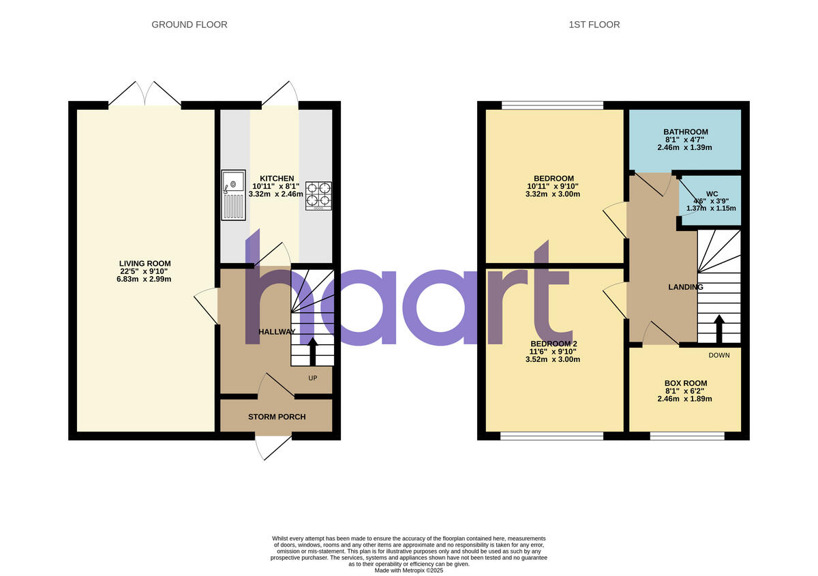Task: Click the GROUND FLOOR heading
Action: click(x=189, y=25)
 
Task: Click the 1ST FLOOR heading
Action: click(x=594, y=25)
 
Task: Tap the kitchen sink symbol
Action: click(x=232, y=194)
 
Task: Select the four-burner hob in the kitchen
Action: click(x=318, y=195)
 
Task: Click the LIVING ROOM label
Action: click(x=145, y=263)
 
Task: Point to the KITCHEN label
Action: click(x=277, y=179)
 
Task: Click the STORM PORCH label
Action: click(x=277, y=416)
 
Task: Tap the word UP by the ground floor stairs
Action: click(x=312, y=377)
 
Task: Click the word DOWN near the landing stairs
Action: click(x=718, y=355)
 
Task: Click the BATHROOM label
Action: click(x=685, y=132)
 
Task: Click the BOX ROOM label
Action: click(x=685, y=383)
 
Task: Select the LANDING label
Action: click(x=685, y=287)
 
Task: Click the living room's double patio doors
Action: click(x=145, y=95)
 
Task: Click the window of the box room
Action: click(x=687, y=436)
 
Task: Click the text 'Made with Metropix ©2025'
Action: click(x=409, y=571)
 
